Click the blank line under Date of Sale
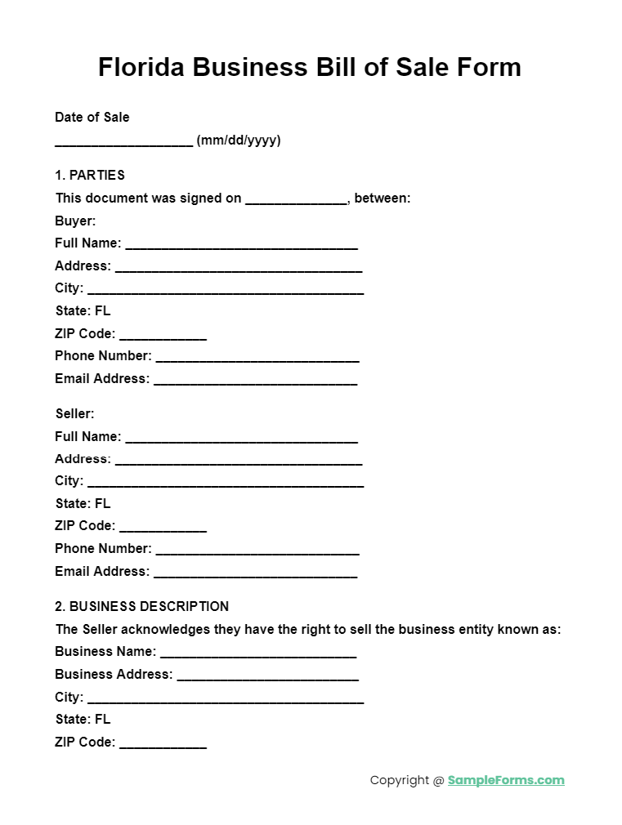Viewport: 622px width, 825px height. click(123, 142)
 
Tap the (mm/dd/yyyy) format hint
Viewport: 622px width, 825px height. click(239, 140)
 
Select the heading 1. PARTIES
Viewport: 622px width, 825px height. click(90, 175)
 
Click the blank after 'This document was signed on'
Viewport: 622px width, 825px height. click(296, 199)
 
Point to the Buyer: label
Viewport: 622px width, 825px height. click(75, 221)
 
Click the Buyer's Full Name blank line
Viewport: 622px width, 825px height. click(241, 244)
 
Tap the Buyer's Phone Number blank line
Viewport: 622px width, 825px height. click(257, 358)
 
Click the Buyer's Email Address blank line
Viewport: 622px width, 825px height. click(255, 381)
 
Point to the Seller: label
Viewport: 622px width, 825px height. click(75, 413)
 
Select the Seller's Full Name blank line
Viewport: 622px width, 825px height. click(241, 438)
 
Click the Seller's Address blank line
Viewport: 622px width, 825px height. click(238, 461)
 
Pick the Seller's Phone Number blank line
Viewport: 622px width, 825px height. click(257, 551)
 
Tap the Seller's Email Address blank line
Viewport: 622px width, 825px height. click(255, 573)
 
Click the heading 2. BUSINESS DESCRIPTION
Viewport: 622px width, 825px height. click(141, 606)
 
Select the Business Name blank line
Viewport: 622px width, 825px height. click(257, 653)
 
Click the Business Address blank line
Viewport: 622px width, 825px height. click(267, 676)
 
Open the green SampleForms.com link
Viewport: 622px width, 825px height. click(506, 780)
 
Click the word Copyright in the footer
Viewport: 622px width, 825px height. click(399, 780)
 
